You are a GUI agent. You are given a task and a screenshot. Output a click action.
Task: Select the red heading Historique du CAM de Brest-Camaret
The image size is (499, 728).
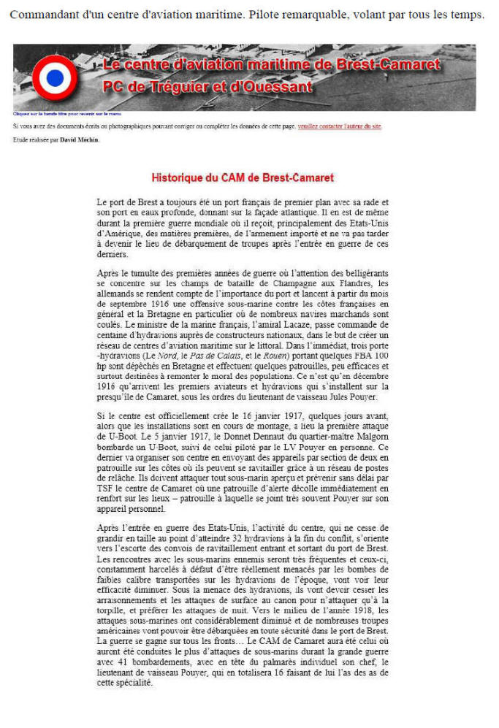(x=243, y=177)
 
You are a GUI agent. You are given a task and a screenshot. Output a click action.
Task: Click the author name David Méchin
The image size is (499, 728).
(x=80, y=139)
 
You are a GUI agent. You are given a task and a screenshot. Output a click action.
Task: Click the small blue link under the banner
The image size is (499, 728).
(x=66, y=114)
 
